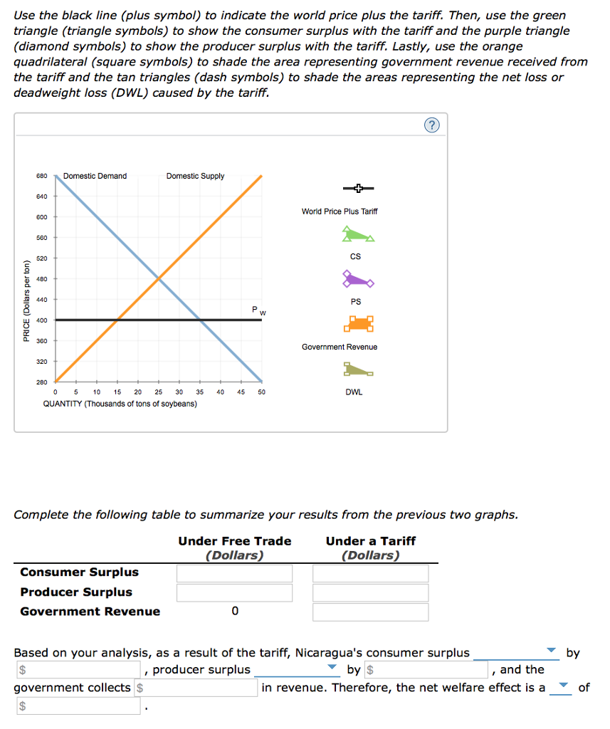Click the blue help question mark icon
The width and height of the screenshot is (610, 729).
point(432,126)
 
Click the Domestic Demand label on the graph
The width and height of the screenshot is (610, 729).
point(95,176)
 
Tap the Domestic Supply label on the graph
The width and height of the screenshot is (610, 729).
point(195,176)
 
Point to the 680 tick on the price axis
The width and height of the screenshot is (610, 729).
point(41,176)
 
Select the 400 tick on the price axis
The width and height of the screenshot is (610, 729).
point(41,320)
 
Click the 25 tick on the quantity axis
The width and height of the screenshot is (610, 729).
point(159,392)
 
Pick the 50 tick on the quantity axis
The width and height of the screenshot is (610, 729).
point(261,392)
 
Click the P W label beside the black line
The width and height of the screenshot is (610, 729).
point(258,310)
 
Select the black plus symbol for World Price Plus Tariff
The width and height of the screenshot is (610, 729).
point(358,188)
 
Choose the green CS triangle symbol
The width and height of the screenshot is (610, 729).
point(357,234)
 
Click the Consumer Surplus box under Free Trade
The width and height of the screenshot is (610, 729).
point(235,573)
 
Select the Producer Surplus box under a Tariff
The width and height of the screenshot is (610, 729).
point(370,592)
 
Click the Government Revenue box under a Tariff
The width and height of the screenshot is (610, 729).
point(370,612)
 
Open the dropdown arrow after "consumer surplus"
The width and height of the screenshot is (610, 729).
point(550,651)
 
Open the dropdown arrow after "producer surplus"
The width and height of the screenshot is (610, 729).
point(331,668)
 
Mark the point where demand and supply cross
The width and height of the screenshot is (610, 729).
point(159,278)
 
